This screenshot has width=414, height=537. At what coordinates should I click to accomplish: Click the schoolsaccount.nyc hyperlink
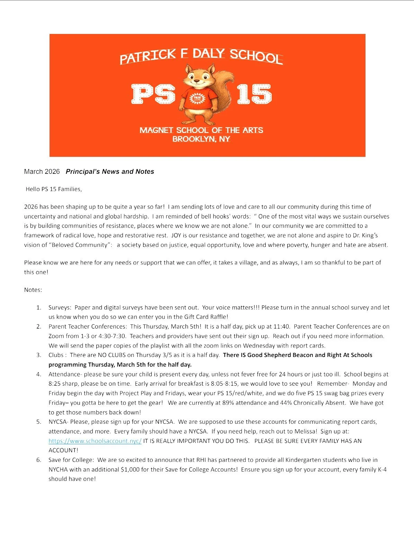[x=95, y=441]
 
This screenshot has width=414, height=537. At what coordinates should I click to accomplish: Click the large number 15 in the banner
[x=254, y=94]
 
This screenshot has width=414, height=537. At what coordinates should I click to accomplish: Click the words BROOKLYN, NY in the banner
[x=201, y=139]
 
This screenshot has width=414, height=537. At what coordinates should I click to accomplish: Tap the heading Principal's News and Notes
[x=110, y=172]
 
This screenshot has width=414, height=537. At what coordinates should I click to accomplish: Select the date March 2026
[x=42, y=172]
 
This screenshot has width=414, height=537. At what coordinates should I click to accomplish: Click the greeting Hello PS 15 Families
[x=54, y=189]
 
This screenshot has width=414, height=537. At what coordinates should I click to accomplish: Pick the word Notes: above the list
[x=33, y=290]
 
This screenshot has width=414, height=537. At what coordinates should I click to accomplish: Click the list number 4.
[x=39, y=374]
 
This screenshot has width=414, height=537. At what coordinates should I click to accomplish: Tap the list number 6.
[x=39, y=460]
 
